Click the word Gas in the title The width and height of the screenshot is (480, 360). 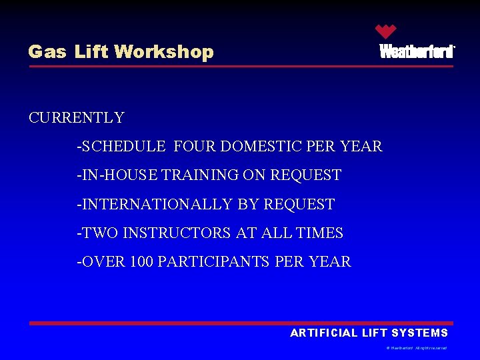(47, 52)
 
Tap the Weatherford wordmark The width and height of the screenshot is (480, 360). (417, 51)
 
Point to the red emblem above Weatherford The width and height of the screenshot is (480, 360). (385, 31)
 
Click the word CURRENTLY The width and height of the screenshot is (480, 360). (77, 118)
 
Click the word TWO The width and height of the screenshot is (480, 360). (100, 233)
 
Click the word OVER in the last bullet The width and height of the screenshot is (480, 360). (103, 262)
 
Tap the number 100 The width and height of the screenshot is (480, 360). (142, 262)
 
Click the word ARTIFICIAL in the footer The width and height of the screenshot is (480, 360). (324, 333)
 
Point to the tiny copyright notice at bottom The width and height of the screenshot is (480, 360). (417, 348)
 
